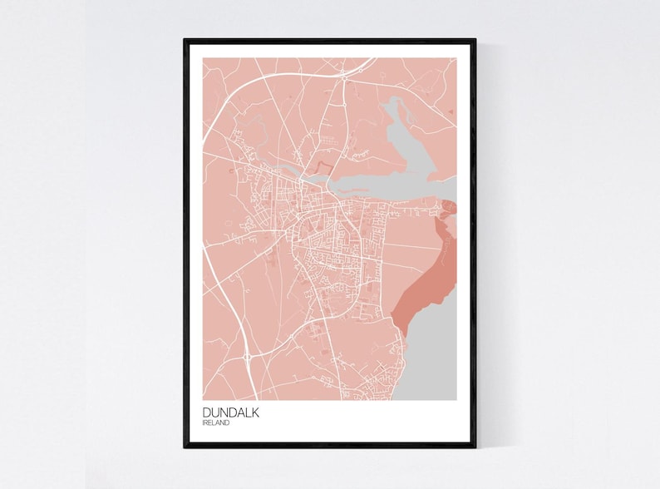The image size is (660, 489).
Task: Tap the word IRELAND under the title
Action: (216, 423)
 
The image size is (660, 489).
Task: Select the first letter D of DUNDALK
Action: (206, 412)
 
